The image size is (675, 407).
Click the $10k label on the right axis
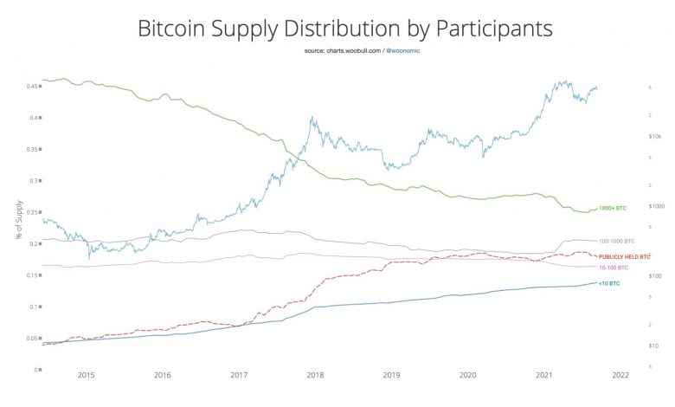[x=654, y=137]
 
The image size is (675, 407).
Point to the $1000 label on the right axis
[x=655, y=206]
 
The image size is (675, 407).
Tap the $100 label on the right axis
[x=654, y=275]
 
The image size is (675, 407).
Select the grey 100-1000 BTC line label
[x=617, y=241]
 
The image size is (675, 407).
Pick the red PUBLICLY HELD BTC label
[x=623, y=258]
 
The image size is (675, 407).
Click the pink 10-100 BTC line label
[x=614, y=268]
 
